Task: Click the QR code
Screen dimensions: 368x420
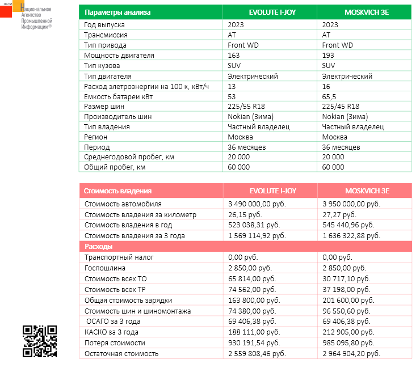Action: click(x=40, y=341)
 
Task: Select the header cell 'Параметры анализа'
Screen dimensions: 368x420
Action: click(x=117, y=12)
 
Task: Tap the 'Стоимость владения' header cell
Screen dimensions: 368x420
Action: click(x=118, y=191)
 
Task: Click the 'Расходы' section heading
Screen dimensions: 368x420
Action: click(x=98, y=247)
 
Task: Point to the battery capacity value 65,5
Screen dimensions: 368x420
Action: click(x=330, y=96)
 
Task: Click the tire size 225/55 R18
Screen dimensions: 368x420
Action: click(x=247, y=107)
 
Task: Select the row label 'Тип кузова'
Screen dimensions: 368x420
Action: click(x=102, y=66)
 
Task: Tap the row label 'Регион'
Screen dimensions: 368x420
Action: click(x=96, y=137)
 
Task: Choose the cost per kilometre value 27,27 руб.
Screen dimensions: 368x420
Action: click(x=341, y=215)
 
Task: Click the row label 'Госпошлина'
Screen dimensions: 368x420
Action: click(x=105, y=268)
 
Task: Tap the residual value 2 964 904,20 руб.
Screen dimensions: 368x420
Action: click(x=351, y=354)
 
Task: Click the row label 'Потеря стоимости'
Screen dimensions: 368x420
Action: click(x=115, y=343)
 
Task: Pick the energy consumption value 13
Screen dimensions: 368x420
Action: click(x=232, y=86)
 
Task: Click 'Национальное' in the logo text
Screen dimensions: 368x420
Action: click(x=36, y=10)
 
